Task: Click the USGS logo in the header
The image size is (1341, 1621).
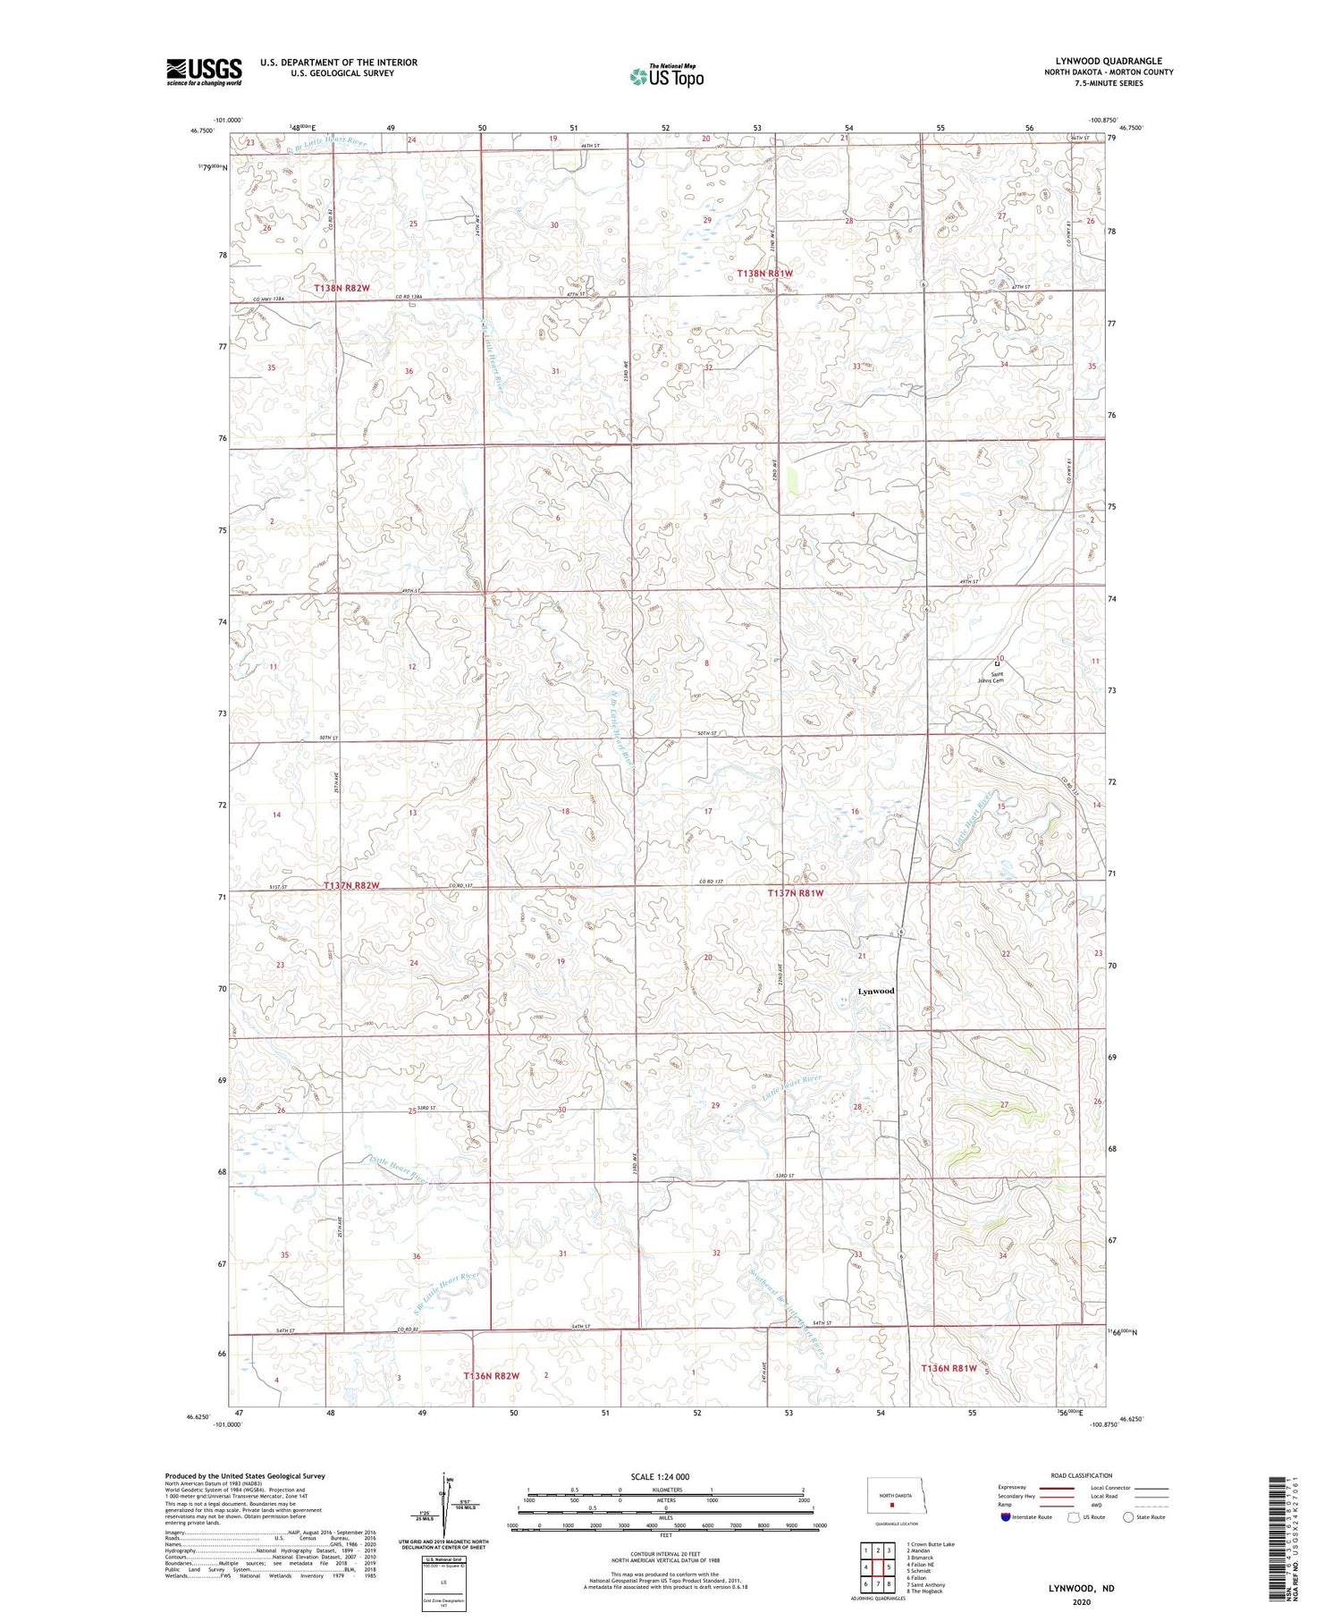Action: [204, 72]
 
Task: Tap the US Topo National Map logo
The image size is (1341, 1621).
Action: [666, 76]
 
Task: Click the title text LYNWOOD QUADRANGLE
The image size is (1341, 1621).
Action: [1108, 61]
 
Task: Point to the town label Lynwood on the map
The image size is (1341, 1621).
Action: [875, 991]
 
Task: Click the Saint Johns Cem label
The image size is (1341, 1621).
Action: [997, 678]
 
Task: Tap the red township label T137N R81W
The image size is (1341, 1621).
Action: [796, 892]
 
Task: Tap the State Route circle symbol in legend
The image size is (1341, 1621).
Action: [1128, 1517]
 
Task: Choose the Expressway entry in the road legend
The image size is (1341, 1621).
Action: [1012, 1488]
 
